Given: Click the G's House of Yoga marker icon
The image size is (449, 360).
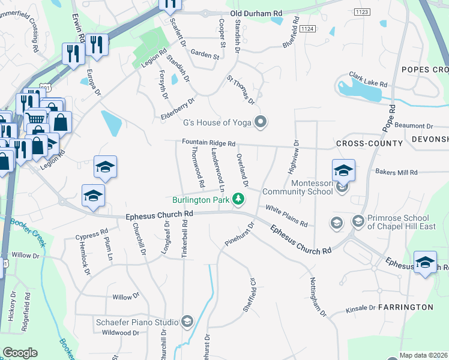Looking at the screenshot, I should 261,122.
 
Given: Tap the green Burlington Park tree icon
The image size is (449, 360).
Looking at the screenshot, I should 239,199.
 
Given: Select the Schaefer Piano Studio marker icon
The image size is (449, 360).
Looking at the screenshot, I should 187,322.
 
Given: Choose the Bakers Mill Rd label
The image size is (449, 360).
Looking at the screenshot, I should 396,172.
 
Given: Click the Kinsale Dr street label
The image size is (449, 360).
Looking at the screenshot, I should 361,308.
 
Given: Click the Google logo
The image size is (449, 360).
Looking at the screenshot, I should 20,353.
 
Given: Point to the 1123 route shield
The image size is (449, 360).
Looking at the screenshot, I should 361,11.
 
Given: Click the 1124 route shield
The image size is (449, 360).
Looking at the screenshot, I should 306,28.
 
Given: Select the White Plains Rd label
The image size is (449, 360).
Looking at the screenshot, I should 286,216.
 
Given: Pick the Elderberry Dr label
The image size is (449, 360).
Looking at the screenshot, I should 178,110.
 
